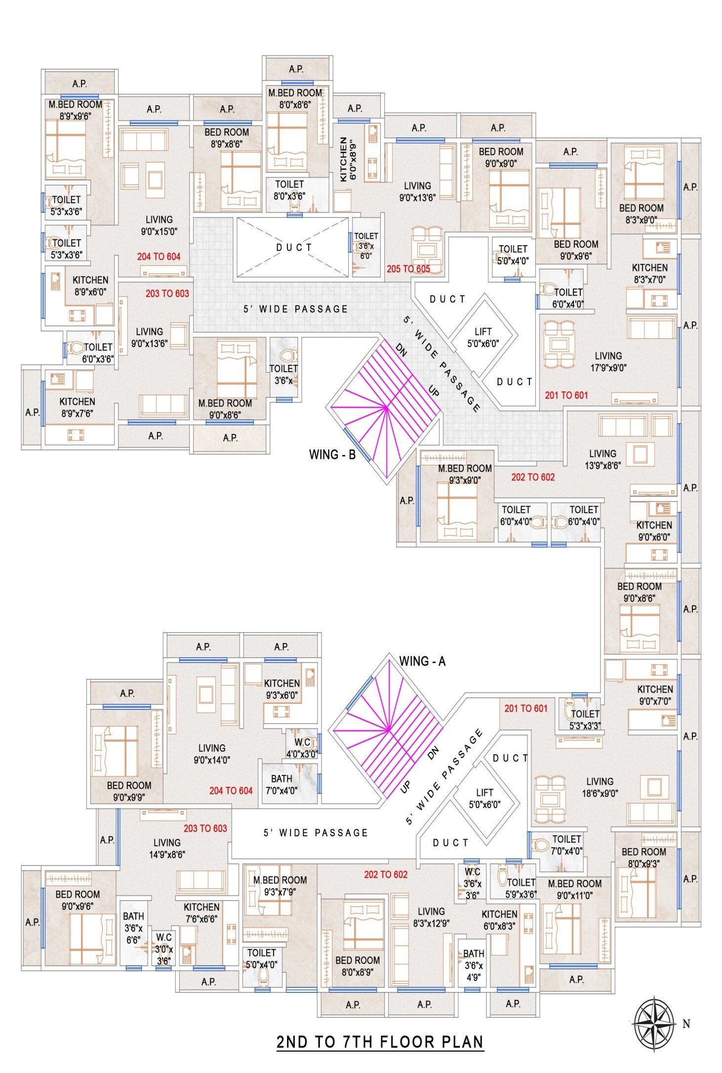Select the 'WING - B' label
[332, 455]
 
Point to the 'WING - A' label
[422, 661]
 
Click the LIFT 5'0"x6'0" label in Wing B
[483, 338]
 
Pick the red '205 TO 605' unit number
[408, 269]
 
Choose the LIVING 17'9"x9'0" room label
[608, 362]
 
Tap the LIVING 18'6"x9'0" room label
[600, 787]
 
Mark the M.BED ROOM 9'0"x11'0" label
[574, 889]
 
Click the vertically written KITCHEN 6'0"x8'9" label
[348, 160]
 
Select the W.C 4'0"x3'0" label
[302, 748]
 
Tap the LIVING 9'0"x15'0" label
[159, 225]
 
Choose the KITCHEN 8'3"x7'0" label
[649, 273]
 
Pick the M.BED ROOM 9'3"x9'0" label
[465, 474]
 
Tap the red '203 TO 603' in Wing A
[205, 828]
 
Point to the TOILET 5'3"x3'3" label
[585, 720]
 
